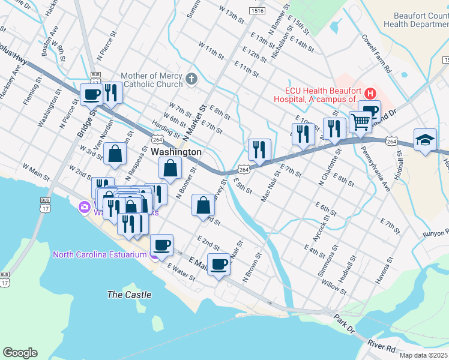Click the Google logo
coord(20,353)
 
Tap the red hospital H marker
coord(370,94)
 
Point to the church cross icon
coord(191,79)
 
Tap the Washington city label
coord(176,152)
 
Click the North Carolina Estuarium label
coord(100,254)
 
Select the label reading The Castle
coord(129,295)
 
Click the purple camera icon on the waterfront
coord(84,208)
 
